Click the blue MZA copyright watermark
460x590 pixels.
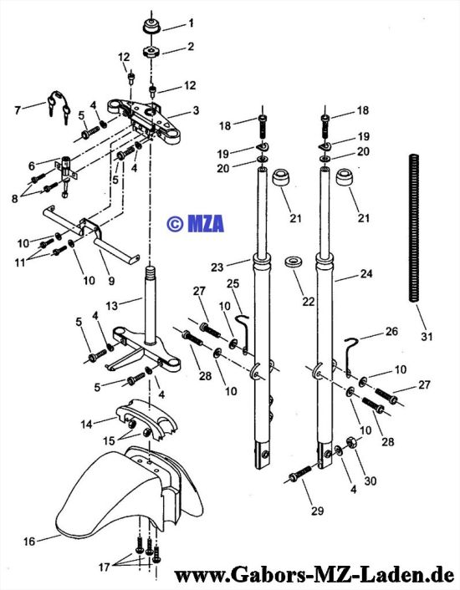[195, 223]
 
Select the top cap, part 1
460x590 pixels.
[152, 28]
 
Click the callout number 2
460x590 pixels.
[191, 46]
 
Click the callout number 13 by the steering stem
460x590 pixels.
[112, 306]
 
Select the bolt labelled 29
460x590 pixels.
[300, 473]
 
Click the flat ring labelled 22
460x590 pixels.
[294, 262]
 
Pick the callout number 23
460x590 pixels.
[217, 267]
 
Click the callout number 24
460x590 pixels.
[365, 273]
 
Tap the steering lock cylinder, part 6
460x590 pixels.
[67, 172]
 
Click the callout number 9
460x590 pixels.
[111, 280]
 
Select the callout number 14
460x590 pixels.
[87, 424]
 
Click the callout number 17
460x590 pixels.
[105, 567]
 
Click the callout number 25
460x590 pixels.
[233, 283]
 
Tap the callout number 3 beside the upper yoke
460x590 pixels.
[196, 110]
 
